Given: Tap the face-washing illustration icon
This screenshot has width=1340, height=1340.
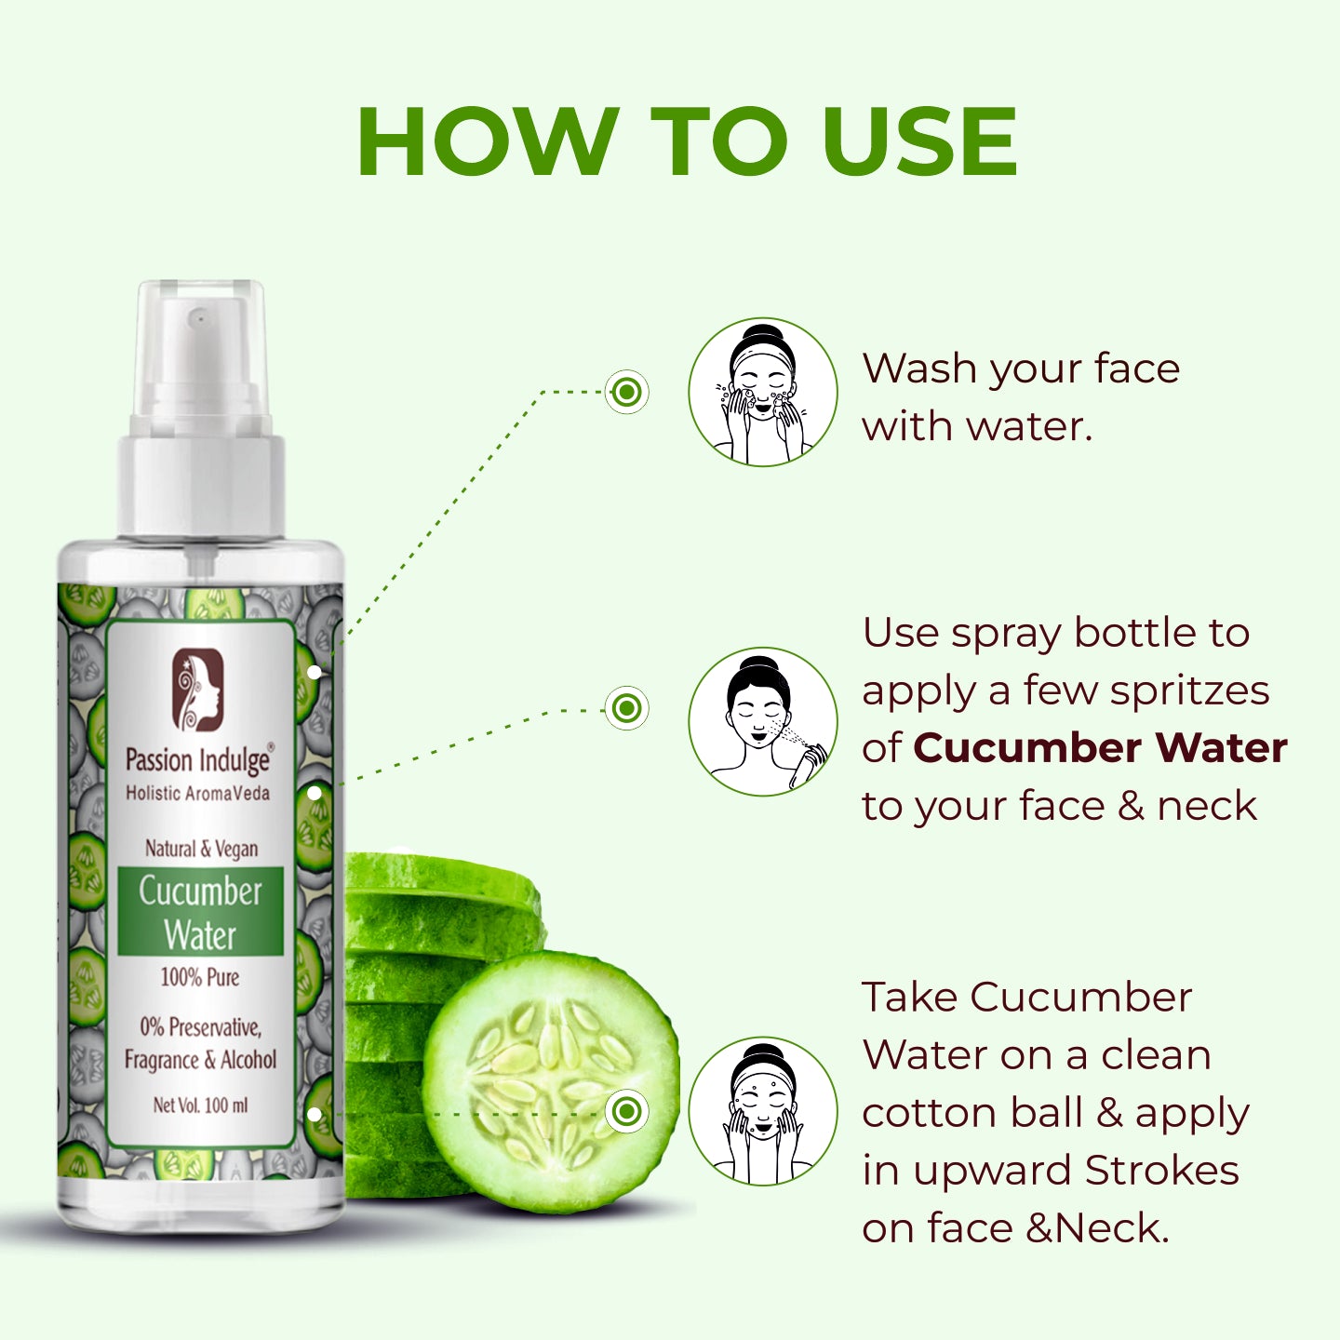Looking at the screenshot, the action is [763, 393].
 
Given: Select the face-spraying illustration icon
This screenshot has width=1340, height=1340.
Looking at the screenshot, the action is [763, 721].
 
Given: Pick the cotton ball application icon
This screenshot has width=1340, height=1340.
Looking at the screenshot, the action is [763, 1111].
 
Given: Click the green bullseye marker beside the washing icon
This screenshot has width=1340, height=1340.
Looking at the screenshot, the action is [627, 392].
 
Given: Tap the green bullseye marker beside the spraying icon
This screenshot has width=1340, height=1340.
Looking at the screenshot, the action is [627, 708].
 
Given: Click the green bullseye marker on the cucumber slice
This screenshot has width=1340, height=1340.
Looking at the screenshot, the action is [627, 1111].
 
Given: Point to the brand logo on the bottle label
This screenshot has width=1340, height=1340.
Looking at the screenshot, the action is [198, 690].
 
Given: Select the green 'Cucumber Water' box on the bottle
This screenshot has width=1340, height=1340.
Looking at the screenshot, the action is [200, 911].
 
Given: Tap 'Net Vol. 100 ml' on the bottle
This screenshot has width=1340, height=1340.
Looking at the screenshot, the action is [200, 1105].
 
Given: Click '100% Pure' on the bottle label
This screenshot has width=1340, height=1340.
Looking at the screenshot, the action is [200, 977].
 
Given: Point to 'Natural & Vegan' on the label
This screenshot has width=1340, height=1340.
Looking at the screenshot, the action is [202, 849].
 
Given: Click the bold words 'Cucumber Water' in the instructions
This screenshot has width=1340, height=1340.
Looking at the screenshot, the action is [1100, 748].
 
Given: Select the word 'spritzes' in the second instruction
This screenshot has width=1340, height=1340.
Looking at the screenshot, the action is [1190, 691].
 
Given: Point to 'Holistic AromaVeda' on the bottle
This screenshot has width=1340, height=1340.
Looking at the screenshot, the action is [198, 794].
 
